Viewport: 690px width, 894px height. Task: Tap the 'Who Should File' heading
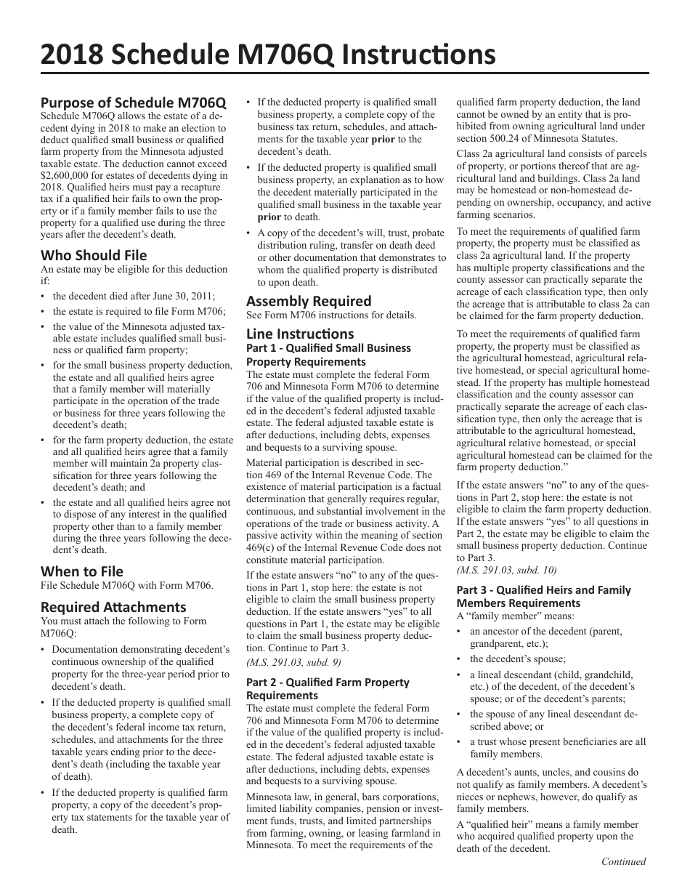point(94,255)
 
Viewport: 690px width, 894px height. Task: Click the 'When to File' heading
point(82,571)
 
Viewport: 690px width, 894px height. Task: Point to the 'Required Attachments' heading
point(113,607)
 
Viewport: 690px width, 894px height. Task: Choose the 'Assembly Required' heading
point(309,301)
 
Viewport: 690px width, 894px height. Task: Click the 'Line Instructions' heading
point(300,334)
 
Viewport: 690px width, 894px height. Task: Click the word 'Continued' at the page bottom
point(623,862)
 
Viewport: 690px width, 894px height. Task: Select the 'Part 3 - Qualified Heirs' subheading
point(543,590)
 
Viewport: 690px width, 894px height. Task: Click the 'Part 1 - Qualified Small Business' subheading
point(328,348)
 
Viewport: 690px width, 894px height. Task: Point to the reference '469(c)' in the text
point(262,547)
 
